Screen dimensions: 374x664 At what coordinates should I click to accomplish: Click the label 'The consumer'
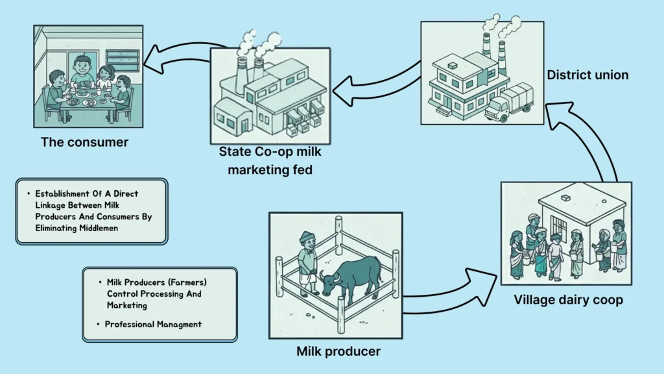point(84,142)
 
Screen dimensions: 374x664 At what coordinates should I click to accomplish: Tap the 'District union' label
point(587,75)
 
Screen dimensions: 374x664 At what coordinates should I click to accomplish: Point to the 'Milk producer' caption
point(338,351)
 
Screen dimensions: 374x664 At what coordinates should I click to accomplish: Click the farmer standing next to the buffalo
point(307,263)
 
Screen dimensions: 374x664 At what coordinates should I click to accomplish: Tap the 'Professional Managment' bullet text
point(153,323)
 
